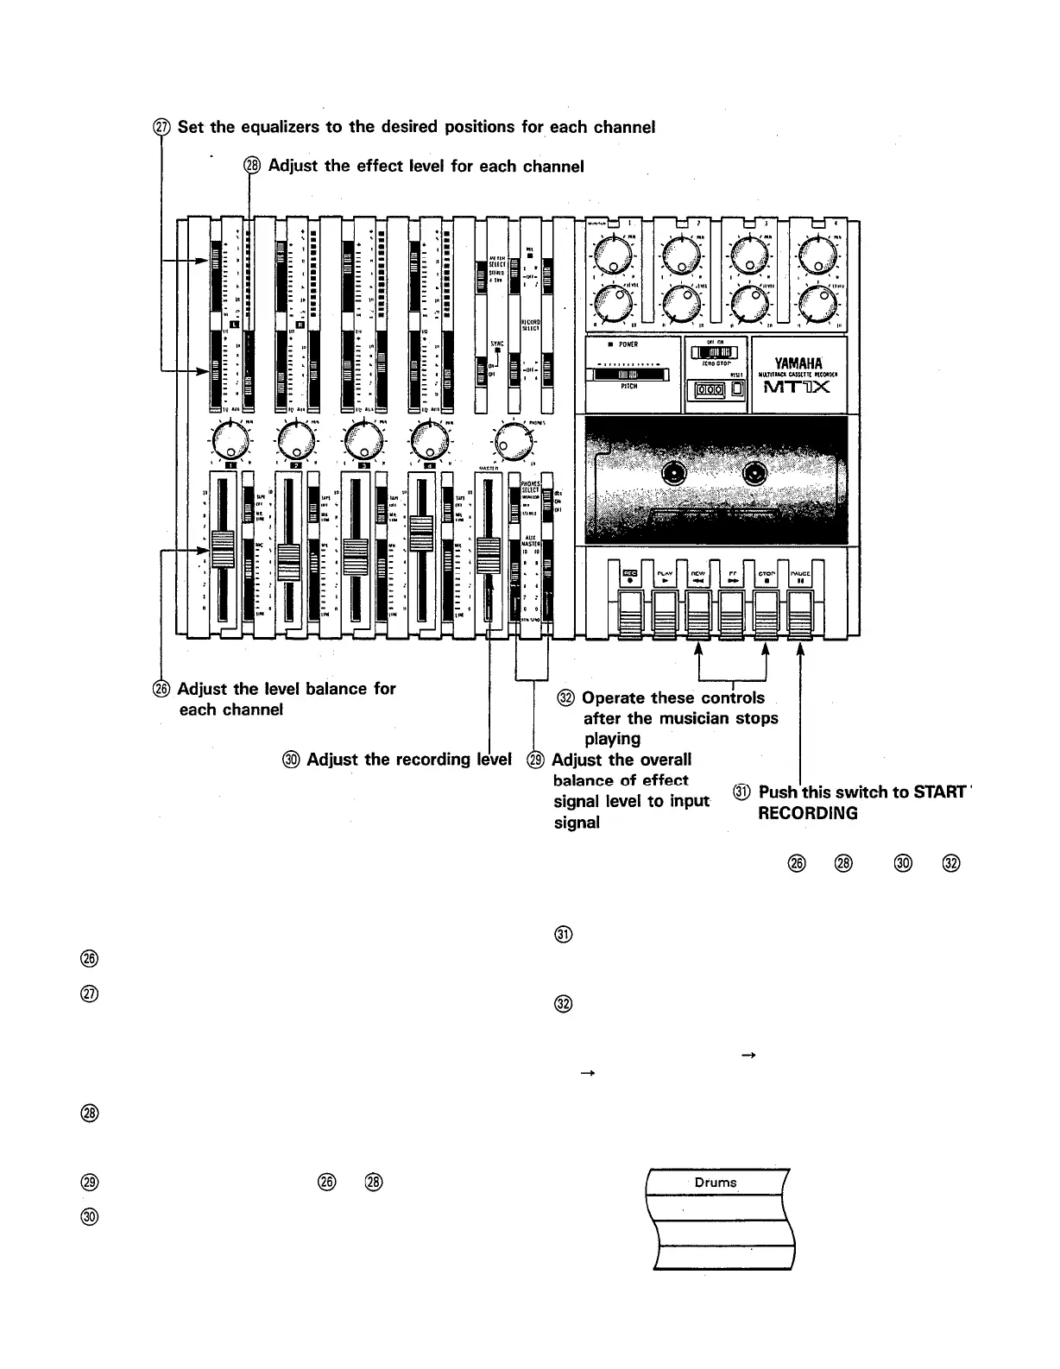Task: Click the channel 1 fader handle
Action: click(222, 549)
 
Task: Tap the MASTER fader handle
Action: click(489, 550)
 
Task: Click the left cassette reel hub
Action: click(673, 473)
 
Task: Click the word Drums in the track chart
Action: click(716, 1182)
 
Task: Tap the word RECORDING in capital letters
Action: click(807, 813)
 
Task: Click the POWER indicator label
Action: click(628, 344)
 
